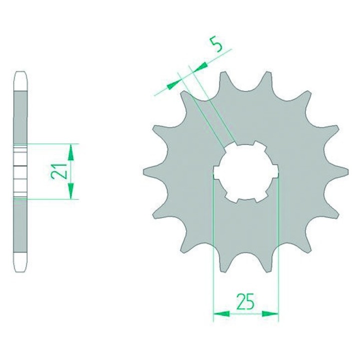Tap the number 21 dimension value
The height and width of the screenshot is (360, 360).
click(x=59, y=171)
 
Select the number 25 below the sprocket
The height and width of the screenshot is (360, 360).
click(x=246, y=301)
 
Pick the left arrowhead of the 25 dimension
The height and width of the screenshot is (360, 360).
click(x=221, y=313)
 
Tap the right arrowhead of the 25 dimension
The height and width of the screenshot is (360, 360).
click(x=270, y=313)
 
